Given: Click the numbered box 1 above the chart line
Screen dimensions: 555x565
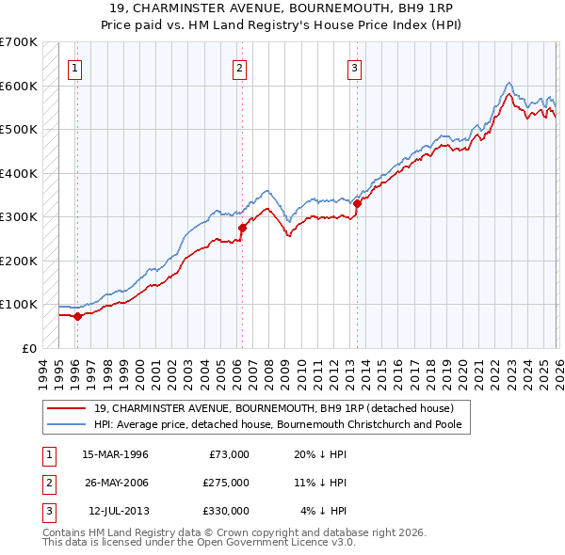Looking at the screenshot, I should pos(74,67).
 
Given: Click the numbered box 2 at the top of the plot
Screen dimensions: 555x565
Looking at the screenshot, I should pos(240,67).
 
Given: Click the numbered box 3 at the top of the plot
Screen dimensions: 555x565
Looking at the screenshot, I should pos(355,67).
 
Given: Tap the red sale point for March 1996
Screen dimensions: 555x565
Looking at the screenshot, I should pos(77,316).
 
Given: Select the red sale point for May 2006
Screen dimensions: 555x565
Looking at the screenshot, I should pos(242,228).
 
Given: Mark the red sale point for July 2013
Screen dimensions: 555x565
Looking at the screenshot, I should pos(358,203).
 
